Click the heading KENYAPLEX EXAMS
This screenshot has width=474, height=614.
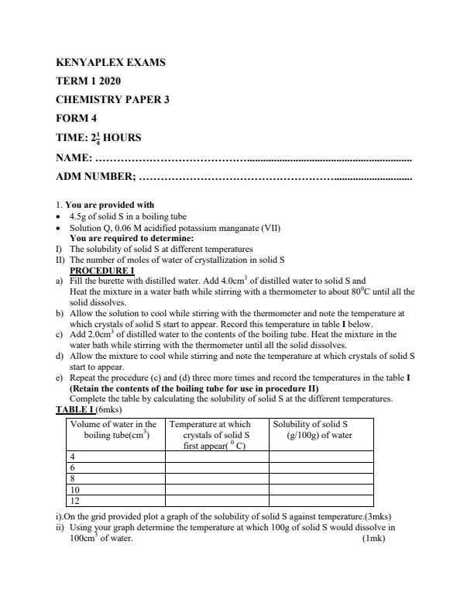111,62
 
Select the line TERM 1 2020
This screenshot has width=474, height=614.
89,81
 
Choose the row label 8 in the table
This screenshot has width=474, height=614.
73,479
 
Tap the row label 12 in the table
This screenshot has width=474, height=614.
75,501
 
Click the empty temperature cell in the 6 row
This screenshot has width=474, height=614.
216,468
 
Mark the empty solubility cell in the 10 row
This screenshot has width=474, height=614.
320,490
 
